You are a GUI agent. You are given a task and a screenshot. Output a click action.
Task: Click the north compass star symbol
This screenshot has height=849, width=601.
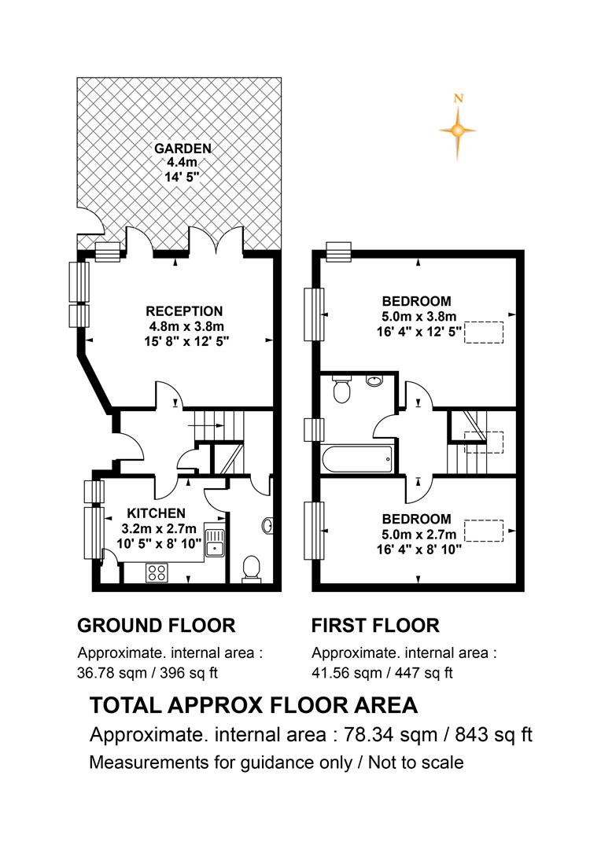coord(458,130)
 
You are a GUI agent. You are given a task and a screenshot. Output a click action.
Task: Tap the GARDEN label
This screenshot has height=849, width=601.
coord(183,149)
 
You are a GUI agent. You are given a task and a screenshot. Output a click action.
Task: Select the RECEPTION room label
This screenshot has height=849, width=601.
coord(184,311)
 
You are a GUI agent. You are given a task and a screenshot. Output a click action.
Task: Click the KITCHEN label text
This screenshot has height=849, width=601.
coord(156,513)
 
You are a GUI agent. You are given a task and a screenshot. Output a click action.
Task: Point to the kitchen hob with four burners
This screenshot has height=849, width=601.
coord(157,573)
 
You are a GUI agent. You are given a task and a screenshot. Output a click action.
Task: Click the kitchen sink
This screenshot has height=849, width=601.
coord(215,540)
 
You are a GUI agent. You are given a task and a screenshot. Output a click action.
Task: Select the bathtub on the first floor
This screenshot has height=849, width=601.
coord(358,458)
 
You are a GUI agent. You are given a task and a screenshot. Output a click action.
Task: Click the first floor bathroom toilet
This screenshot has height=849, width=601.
coord(341,390)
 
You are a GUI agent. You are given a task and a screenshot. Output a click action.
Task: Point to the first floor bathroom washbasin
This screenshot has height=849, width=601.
coord(374,380)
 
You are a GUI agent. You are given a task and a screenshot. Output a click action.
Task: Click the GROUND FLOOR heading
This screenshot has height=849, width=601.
coord(156,626)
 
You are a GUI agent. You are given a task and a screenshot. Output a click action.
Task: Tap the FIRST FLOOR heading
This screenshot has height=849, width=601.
coord(375,626)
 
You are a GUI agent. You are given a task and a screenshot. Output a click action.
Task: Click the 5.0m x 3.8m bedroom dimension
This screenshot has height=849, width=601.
coord(419,316)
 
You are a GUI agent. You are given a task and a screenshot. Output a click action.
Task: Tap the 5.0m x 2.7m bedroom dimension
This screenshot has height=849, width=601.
coord(419,535)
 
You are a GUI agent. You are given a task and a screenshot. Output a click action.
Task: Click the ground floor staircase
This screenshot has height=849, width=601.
coord(219,441)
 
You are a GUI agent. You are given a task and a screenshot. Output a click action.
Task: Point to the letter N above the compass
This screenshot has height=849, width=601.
coord(459,98)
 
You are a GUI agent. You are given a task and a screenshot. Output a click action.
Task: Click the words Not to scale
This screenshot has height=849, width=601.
coord(415,763)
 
